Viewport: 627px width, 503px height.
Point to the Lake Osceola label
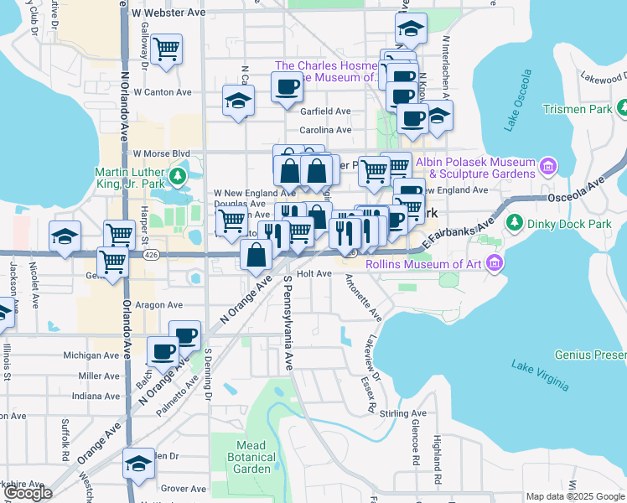click(519, 101)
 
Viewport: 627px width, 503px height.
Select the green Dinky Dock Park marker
click(513, 223)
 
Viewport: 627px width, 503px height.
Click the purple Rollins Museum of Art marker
click(495, 265)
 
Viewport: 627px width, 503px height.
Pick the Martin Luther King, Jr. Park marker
click(177, 177)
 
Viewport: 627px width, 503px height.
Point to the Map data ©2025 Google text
click(574, 496)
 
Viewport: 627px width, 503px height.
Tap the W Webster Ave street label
click(168, 13)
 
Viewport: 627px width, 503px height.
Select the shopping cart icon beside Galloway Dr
click(167, 50)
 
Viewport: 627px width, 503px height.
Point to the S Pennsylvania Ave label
click(288, 323)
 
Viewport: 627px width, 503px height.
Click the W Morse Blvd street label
click(162, 154)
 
